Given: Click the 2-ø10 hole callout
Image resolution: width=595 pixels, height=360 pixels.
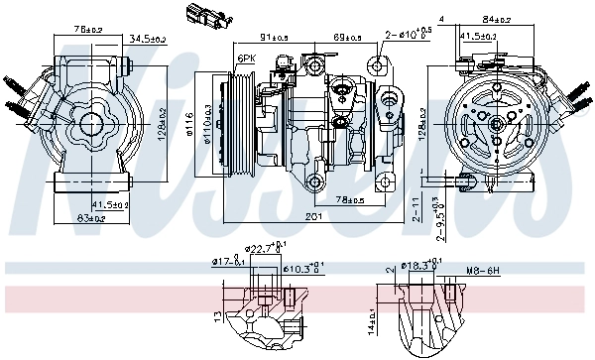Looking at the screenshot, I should pos(413,35).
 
